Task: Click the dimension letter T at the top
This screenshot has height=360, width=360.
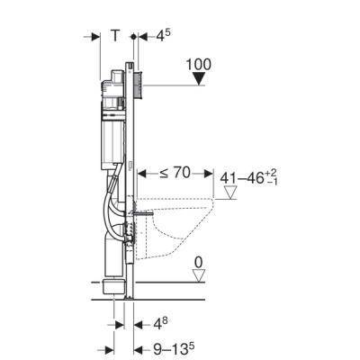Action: pyautogui.click(x=115, y=36)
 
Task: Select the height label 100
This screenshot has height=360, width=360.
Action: pyautogui.click(x=199, y=65)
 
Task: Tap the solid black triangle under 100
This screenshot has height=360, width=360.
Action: pyautogui.click(x=199, y=79)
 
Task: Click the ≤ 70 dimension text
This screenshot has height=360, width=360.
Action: pyautogui.click(x=175, y=173)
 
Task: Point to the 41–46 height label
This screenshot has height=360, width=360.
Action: pyautogui.click(x=248, y=177)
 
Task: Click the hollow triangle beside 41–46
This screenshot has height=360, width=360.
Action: pyautogui.click(x=230, y=193)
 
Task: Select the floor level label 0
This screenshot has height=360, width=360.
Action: pyautogui.click(x=198, y=263)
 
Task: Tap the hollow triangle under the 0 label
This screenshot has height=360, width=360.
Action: pyautogui.click(x=198, y=275)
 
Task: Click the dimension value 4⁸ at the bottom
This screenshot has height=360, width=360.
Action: pyautogui.click(x=160, y=324)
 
